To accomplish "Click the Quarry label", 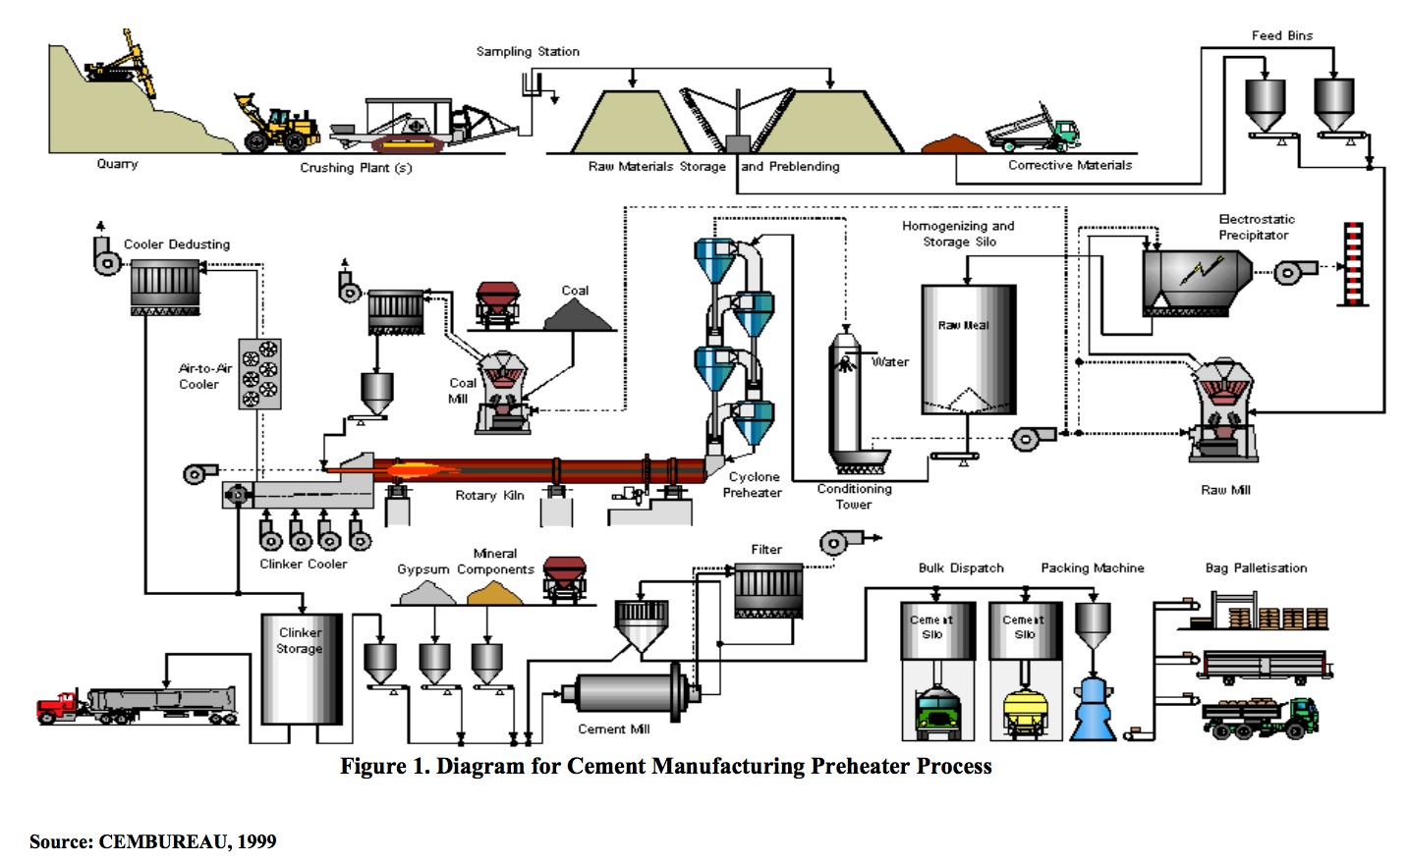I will pos(117,164).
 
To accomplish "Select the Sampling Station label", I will pos(528,51).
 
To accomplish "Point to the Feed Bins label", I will pos(1281,35).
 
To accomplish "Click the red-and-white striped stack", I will pos(1353,263).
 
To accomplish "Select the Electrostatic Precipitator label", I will pos(1256,227).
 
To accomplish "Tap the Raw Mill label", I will pos(1225,490).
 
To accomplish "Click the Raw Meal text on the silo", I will pos(963,325).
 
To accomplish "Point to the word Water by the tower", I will pos(890,362).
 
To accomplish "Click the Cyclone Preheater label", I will pos(754,485).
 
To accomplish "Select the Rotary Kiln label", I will pos(489,496).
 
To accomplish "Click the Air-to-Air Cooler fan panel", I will pos(260,374).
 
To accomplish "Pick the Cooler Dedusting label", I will pos(177,244).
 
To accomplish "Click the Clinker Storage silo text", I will pos(300,640).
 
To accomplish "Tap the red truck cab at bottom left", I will pos(59,706).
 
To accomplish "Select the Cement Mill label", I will pos(613,728).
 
